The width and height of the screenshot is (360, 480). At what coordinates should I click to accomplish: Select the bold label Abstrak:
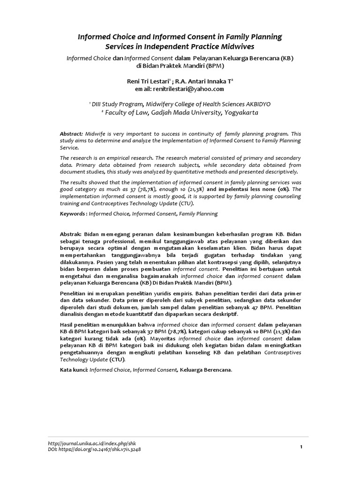pyautogui.click(x=71, y=233)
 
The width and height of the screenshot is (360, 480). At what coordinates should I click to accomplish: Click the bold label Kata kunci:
pyautogui.click(x=73, y=370)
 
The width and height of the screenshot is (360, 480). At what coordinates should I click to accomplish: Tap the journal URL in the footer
pyautogui.click(x=92, y=443)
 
